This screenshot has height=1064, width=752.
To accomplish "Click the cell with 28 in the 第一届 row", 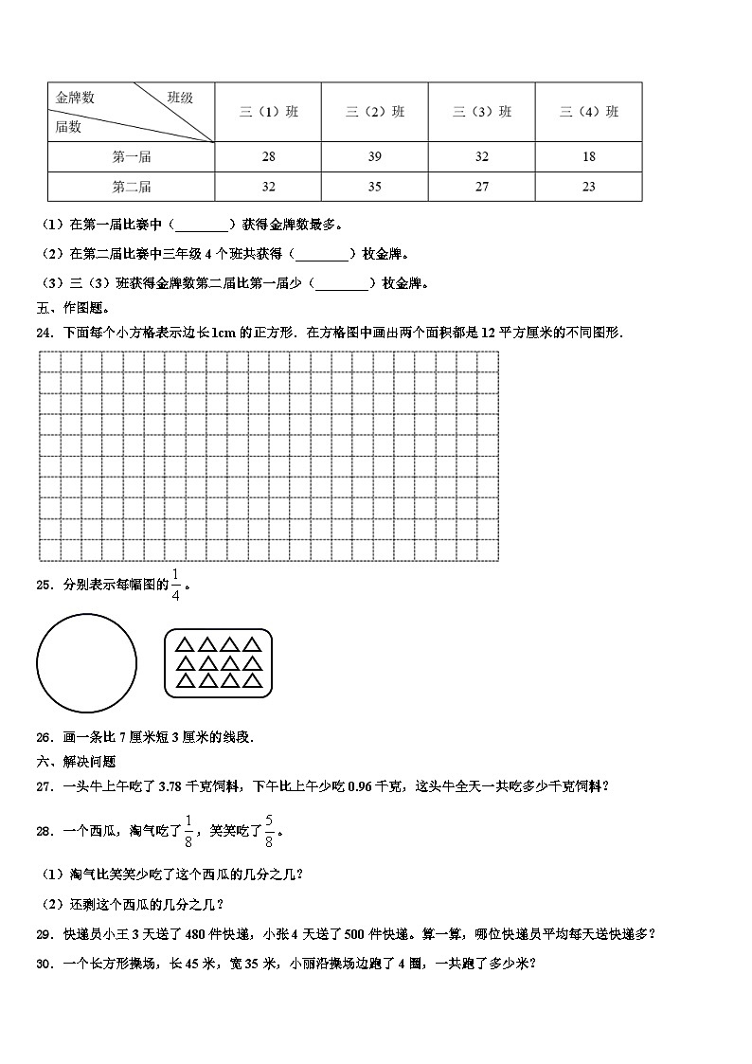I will pyautogui.click(x=268, y=156).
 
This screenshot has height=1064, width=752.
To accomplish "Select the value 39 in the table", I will pyautogui.click(x=375, y=156).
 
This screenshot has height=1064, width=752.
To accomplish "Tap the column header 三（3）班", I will pyautogui.click(x=482, y=112).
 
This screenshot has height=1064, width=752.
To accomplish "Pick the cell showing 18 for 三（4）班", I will pyautogui.click(x=589, y=156).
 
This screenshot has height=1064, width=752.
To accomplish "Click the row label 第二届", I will pyautogui.click(x=132, y=187).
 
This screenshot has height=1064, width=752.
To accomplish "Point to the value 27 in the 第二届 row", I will pyautogui.click(x=482, y=187).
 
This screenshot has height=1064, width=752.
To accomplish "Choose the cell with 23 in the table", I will pyautogui.click(x=589, y=187).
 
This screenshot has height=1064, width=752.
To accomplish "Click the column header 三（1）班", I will pyautogui.click(x=268, y=112).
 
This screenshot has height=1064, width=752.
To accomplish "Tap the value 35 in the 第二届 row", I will pyautogui.click(x=375, y=187).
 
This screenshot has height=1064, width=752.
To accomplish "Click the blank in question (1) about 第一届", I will pyautogui.click(x=202, y=225).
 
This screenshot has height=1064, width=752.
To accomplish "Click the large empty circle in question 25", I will pyautogui.click(x=86, y=662).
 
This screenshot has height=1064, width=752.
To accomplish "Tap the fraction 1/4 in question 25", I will pyautogui.click(x=176, y=585).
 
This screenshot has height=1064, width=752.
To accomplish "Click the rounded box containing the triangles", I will pyautogui.click(x=218, y=662).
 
